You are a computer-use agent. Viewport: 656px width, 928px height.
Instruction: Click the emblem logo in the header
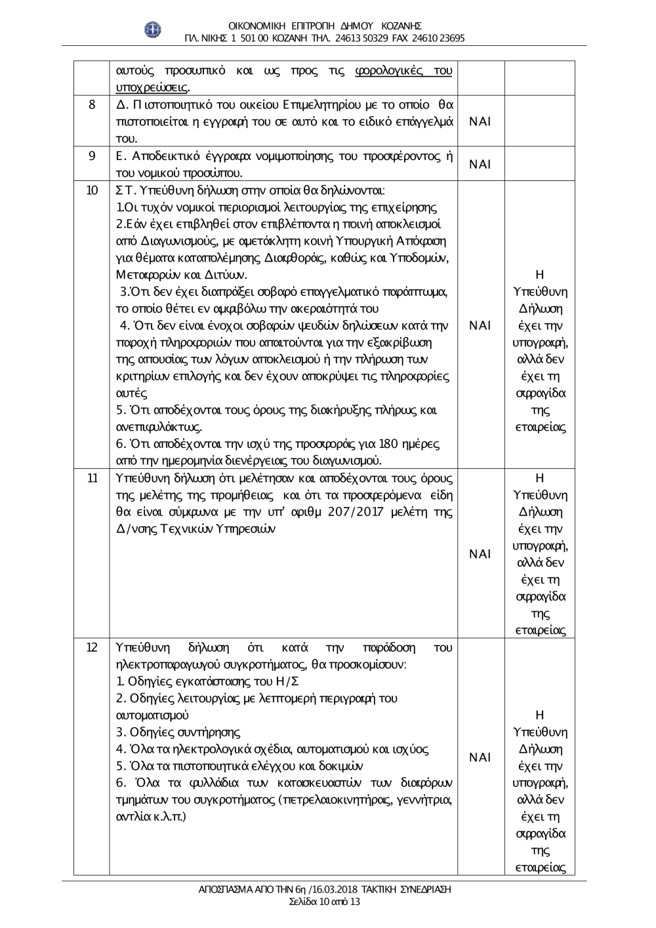[x=152, y=30]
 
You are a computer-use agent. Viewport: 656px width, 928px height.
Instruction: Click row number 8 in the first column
[x=92, y=105]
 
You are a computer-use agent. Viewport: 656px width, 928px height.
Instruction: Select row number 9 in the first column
[x=92, y=156]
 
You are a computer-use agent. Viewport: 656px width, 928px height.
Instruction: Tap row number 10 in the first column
[x=92, y=190]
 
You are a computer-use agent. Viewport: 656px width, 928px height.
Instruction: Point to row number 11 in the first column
[x=92, y=477]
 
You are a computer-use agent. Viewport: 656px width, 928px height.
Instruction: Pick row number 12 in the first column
[x=92, y=647]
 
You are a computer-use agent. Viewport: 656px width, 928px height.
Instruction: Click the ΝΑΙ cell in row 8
[x=480, y=121]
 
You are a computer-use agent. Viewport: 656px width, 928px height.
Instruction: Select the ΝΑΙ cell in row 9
[x=480, y=164]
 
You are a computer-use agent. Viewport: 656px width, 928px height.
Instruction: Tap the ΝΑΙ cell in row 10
[x=480, y=325]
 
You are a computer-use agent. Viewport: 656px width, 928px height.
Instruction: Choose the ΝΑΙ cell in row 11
[x=480, y=554]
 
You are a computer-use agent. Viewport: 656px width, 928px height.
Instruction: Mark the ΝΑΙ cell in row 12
[x=480, y=757]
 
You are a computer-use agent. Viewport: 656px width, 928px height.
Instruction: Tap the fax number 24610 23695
[x=438, y=38]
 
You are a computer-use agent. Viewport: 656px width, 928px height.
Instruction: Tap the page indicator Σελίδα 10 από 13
[x=325, y=902]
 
